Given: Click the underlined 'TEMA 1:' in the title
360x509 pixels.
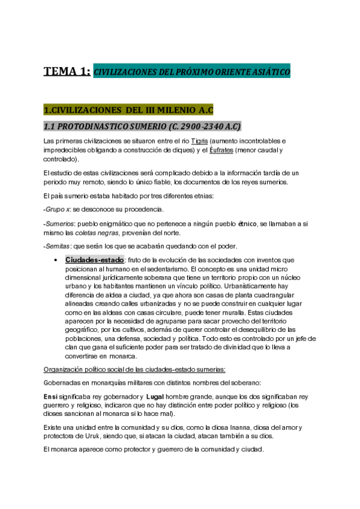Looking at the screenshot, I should pyautogui.click(x=67, y=72).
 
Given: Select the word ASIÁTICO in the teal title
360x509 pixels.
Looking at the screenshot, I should pyautogui.click(x=268, y=72).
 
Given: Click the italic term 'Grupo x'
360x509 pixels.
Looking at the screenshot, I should pyautogui.click(x=56, y=209).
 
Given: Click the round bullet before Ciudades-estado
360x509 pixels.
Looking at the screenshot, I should pyautogui.click(x=56, y=260).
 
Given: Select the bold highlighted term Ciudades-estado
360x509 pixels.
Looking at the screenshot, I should pyautogui.click(x=94, y=260).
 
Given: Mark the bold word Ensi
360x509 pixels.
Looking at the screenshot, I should pyautogui.click(x=51, y=396).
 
